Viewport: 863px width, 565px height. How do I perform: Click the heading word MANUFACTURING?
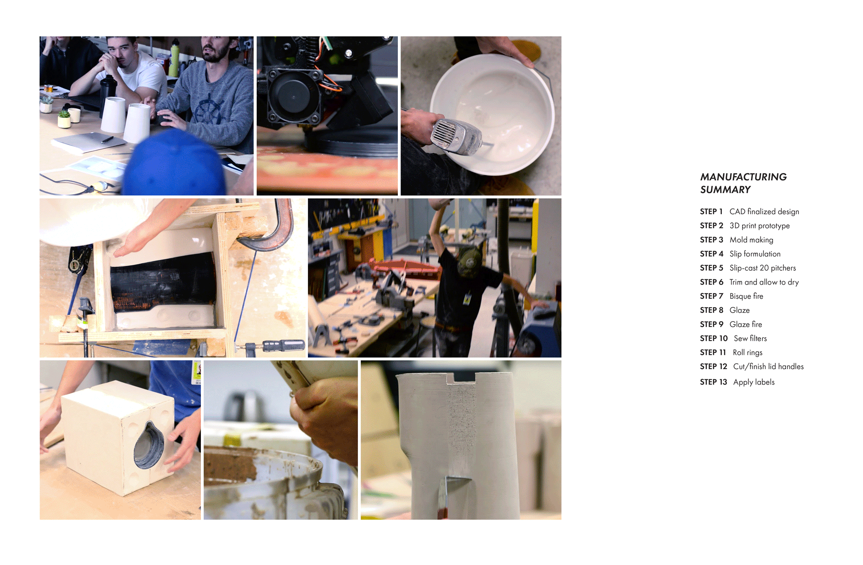pos(743,177)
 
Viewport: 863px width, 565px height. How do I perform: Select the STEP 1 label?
pos(711,212)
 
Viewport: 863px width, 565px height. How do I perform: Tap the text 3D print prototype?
pos(760,226)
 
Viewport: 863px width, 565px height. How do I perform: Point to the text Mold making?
pos(752,240)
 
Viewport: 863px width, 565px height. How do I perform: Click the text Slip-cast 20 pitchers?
pos(763,268)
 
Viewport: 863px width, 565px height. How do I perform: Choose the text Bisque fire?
pos(746,296)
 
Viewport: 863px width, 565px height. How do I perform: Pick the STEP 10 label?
pos(714,338)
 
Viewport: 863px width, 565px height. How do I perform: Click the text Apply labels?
pos(754,382)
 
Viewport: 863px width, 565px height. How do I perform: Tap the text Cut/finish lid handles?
pos(769,366)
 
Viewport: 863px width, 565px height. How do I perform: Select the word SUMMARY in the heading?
pos(725,190)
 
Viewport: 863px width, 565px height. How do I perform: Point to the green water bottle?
pos(174,58)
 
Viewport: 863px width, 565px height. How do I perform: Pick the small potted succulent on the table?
pos(65,119)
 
